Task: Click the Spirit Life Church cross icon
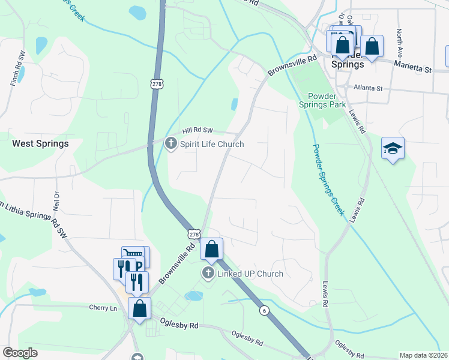click(170, 143)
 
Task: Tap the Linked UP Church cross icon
click(208, 274)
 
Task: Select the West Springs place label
click(40, 144)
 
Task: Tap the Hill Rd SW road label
click(198, 130)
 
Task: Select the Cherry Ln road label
click(104, 308)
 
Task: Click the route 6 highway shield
click(264, 310)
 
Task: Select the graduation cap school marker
click(393, 148)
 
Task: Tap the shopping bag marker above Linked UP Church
click(211, 248)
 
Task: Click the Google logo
click(20, 353)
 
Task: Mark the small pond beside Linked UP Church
click(193, 296)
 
